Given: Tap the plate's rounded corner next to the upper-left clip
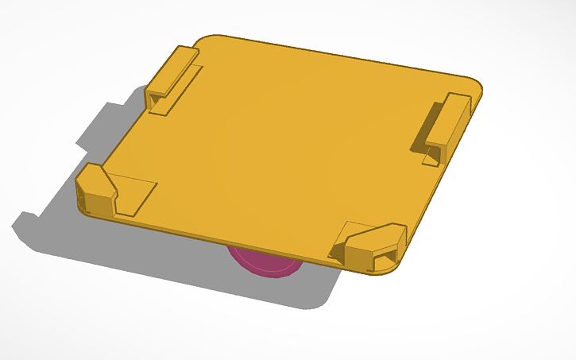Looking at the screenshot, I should point(208,40).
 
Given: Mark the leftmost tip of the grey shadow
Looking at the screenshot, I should point(16,226).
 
